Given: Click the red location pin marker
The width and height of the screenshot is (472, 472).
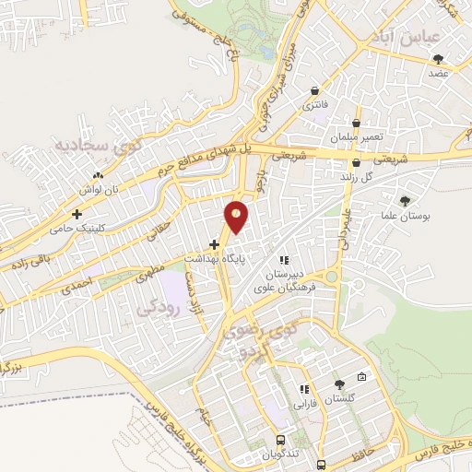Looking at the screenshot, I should pyautogui.click(x=237, y=216).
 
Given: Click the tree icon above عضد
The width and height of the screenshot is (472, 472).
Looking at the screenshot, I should pyautogui.click(x=438, y=59).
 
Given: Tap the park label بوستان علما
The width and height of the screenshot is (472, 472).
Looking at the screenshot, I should pyautogui.click(x=405, y=216).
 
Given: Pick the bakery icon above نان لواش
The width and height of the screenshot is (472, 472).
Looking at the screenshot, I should pyautogui.click(x=97, y=174).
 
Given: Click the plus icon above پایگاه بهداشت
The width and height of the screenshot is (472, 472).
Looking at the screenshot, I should pyautogui.click(x=214, y=245).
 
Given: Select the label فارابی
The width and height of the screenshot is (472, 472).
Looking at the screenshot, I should pyautogui.click(x=305, y=403).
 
